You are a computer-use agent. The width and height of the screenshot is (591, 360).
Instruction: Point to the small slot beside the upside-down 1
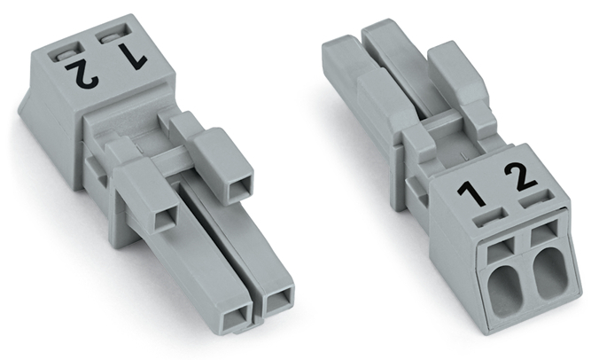pos(114,36)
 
